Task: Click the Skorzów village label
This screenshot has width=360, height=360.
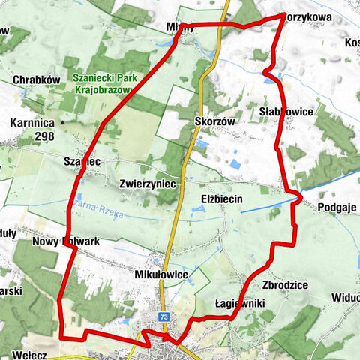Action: pyautogui.click(x=214, y=121)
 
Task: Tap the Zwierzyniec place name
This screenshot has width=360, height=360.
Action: pyautogui.click(x=147, y=183)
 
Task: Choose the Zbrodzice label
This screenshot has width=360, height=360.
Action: pyautogui.click(x=282, y=286)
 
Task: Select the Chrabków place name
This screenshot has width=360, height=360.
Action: pyautogui.click(x=36, y=79)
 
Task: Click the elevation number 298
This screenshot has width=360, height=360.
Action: pyautogui.click(x=43, y=136)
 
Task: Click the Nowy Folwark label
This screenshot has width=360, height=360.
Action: pyautogui.click(x=66, y=241)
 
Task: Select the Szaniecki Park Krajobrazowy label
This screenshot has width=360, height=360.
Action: pyautogui.click(x=103, y=82)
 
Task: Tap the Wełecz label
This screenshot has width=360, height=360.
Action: pyautogui.click(x=31, y=352)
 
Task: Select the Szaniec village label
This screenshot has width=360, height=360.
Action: pyautogui.click(x=82, y=161)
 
